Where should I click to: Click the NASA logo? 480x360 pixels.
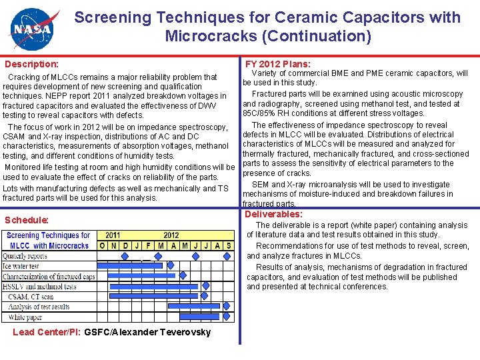coord(32,29)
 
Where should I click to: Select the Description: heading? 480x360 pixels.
coord(31,65)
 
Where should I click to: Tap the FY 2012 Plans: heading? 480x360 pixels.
coord(277,64)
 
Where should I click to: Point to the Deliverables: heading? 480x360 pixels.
coord(273,214)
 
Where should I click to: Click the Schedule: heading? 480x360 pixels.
coord(27,220)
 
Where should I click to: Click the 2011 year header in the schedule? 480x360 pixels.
coord(113,235)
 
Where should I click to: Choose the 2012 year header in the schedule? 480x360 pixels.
coord(171,235)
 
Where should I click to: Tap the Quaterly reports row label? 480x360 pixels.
coord(25,256)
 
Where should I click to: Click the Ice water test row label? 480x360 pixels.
coord(21,266)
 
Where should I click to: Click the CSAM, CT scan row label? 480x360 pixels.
coord(31,297)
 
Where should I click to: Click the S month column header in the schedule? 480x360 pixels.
coord(229,245)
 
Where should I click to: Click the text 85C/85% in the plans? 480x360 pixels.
coord(260,113)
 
